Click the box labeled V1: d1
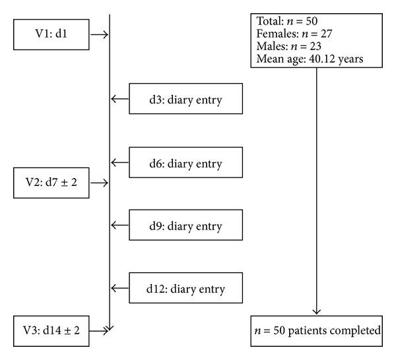[x=50, y=34]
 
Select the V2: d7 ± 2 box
[x=50, y=183]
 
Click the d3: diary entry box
[x=185, y=99]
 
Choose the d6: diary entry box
[x=185, y=163]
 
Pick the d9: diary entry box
[x=185, y=225]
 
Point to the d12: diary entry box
[x=185, y=288]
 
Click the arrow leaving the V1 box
[x=98, y=34]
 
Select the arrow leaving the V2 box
[x=98, y=183]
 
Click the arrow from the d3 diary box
[x=120, y=99]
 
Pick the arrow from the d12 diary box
[x=120, y=288]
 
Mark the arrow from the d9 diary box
[x=120, y=225]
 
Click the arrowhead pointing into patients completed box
[x=317, y=310]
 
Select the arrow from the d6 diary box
[x=120, y=163]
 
